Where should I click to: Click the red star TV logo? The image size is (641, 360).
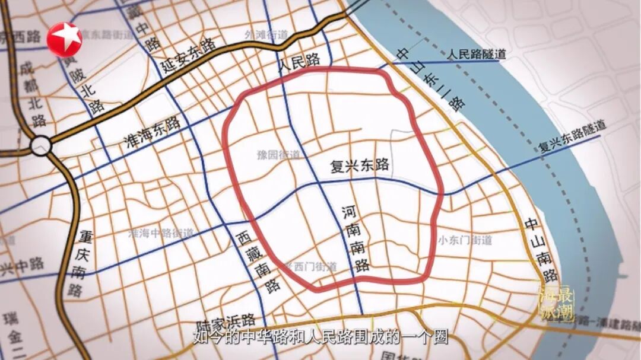64,39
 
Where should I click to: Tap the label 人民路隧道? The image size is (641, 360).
477,55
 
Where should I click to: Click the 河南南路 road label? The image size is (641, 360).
356,238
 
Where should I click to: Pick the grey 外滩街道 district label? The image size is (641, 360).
265,35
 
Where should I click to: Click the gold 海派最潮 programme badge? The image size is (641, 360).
556,304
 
